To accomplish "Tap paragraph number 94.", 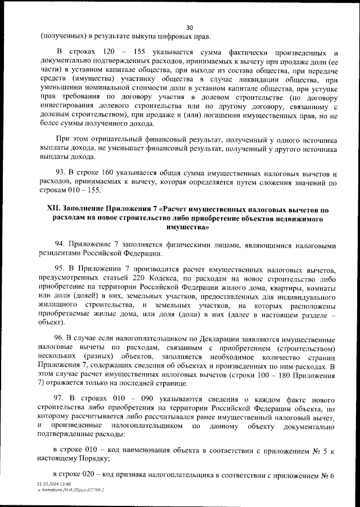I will [x=61, y=245].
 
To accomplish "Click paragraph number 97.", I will [x=61, y=398].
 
